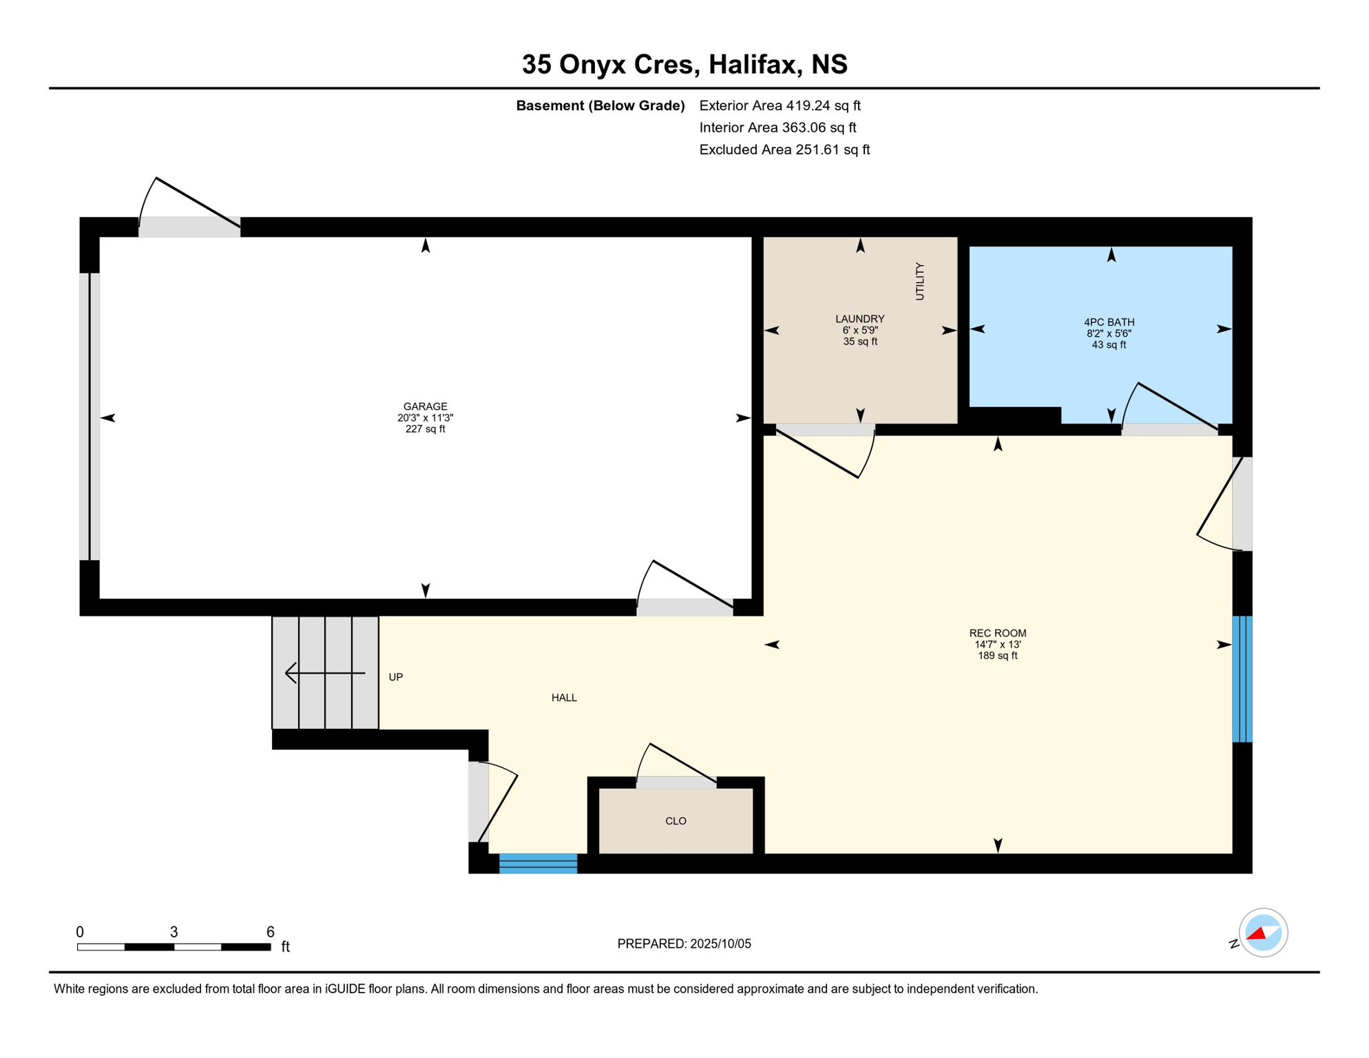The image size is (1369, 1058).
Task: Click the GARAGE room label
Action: coord(425,406)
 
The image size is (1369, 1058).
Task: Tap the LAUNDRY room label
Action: coord(859,319)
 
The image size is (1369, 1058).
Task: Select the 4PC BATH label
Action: coord(1109,322)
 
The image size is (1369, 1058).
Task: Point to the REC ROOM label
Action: coord(997,633)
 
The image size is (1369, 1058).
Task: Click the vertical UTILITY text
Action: coord(919,281)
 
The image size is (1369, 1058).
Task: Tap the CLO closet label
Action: coord(676,821)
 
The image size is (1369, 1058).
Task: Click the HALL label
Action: coord(564,698)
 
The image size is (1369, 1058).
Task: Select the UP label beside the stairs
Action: coord(395,677)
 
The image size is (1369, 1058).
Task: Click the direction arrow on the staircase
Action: coord(325,673)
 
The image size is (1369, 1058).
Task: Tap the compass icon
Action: coord(1263,933)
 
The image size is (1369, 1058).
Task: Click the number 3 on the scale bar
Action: coord(174,932)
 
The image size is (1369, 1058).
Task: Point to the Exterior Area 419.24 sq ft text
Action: coord(780,105)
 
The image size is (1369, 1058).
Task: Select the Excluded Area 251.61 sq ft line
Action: coord(784,149)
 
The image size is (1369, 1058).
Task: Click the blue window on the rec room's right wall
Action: coord(1242,678)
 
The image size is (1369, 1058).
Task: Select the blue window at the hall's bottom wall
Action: coord(538,864)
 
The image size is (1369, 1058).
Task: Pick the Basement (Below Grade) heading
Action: coord(600,105)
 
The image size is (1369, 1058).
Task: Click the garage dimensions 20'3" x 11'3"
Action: coord(425,418)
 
